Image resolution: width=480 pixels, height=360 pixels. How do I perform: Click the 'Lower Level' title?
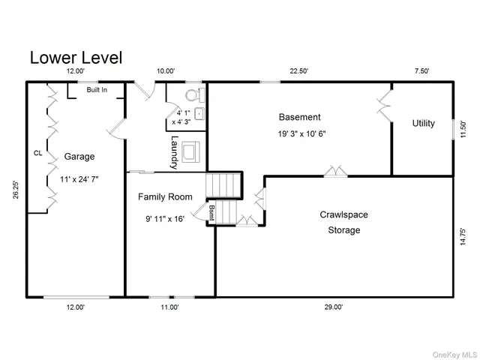tap(75, 58)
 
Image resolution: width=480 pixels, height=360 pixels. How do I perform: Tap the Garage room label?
tap(79, 157)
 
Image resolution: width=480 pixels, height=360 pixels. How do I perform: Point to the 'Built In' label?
tap(96, 90)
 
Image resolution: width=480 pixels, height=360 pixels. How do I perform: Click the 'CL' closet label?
tap(37, 153)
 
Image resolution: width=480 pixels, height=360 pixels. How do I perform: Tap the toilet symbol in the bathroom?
tap(193, 95)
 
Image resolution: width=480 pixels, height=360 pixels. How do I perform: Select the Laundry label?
tap(174, 151)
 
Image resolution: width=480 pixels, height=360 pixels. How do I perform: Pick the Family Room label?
tap(165, 196)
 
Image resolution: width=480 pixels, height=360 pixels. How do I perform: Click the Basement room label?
tap(299, 117)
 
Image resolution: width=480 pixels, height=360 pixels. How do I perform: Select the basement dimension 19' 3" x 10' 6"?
tap(302, 134)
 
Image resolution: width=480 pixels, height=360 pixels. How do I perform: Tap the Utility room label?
tap(423, 123)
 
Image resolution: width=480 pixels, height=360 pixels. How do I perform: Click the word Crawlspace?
tap(344, 214)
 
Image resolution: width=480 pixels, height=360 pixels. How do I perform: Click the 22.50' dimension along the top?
tap(299, 71)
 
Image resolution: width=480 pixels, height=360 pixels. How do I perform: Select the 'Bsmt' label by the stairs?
tap(211, 211)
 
